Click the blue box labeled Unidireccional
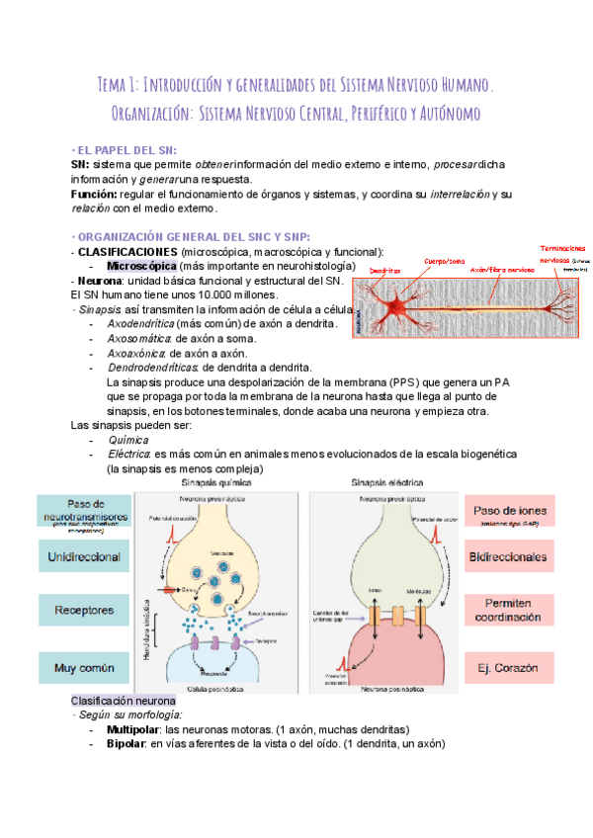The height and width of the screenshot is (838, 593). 84,556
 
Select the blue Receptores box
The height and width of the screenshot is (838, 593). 84,611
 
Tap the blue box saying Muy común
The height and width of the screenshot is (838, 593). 84,669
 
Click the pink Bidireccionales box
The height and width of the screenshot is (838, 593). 509,556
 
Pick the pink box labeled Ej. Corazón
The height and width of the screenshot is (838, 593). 509,669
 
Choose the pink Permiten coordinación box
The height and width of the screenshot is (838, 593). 509,610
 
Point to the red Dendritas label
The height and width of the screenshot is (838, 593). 385,270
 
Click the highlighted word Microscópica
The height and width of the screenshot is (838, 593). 141,267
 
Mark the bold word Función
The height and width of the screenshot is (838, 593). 95,195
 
